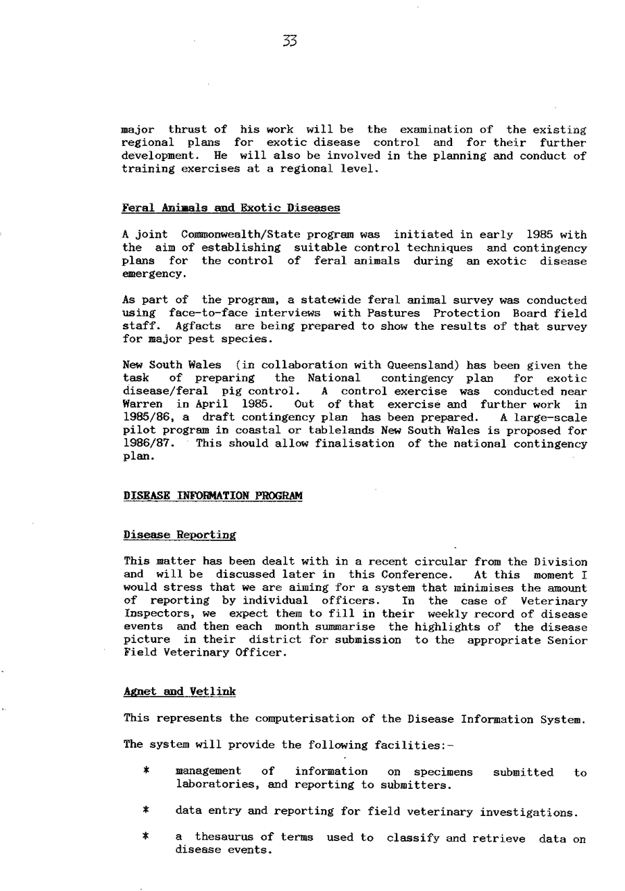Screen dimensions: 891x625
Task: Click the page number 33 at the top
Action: (290, 40)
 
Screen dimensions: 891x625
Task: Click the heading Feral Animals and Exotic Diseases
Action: (231, 208)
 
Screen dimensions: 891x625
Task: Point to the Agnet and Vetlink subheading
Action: (180, 692)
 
